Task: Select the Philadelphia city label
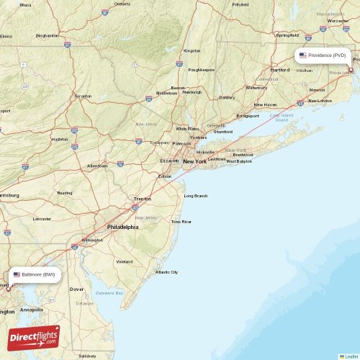[122, 227]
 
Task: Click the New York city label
[194, 162]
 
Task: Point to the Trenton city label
[142, 199]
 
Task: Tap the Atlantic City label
[166, 272]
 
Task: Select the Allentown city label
[97, 166]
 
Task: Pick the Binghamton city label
[47, 35]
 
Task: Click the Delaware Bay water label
[111, 293]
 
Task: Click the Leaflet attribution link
[351, 356]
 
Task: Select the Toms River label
[181, 222]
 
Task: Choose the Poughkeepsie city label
[201, 70]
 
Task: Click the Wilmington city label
[92, 240]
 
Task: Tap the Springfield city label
[287, 35]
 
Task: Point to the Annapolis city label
[32, 310]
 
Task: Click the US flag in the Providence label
[303, 55]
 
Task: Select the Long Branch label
[196, 196]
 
